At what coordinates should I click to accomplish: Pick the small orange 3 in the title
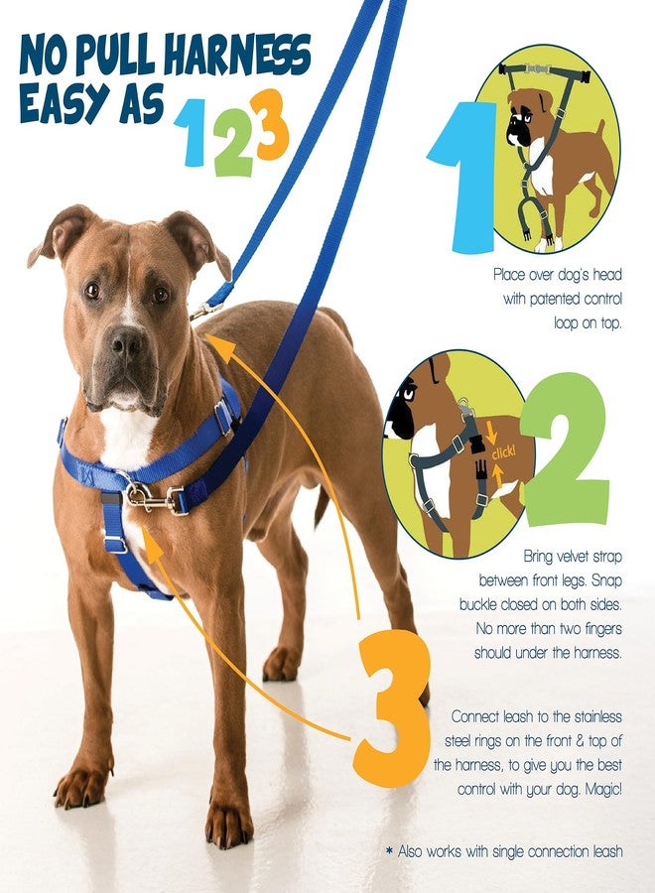pos(270,125)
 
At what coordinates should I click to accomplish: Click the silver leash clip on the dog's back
pos(206,311)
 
